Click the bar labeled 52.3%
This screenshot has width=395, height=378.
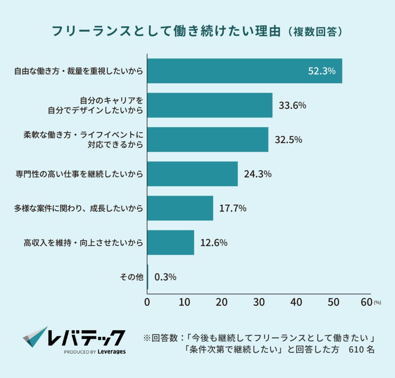click(x=245, y=71)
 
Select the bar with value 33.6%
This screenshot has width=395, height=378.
click(x=210, y=105)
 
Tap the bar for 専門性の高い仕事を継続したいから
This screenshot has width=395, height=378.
click(x=192, y=174)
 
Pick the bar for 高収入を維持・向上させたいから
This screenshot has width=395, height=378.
click(x=170, y=243)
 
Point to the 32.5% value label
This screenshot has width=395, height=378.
click(x=288, y=140)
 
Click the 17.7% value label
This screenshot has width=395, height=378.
click(x=233, y=208)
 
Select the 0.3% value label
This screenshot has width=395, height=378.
click(x=165, y=277)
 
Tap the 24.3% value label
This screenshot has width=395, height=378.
click(x=258, y=174)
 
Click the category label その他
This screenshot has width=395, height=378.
click(x=133, y=277)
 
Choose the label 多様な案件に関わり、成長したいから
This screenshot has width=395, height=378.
click(x=79, y=208)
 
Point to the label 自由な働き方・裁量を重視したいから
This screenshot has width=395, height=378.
click(x=79, y=71)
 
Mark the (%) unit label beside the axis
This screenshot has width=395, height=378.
click(x=377, y=303)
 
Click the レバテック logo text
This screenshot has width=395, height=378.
click(x=86, y=337)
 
